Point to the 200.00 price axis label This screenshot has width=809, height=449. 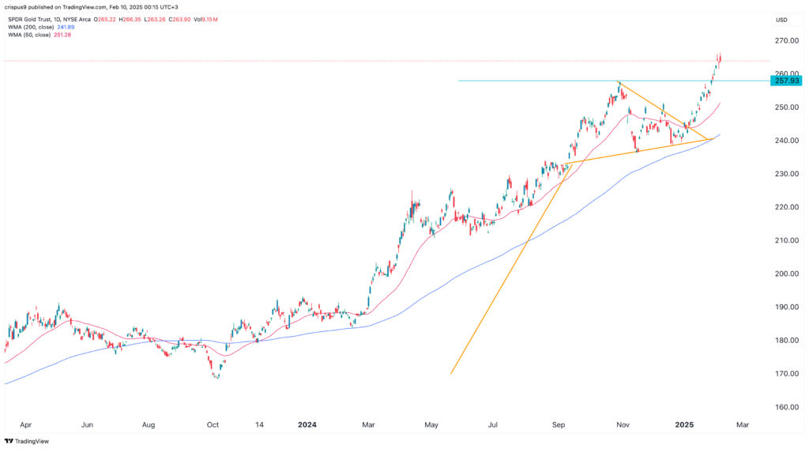tap(786, 274)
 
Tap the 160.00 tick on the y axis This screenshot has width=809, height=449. tap(786, 407)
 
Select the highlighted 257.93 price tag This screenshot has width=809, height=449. tap(786, 81)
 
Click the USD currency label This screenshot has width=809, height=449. tap(782, 20)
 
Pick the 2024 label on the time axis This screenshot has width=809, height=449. tap(307, 424)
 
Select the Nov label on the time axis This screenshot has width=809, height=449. tap(623, 424)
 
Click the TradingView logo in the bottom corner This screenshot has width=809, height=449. tap(28, 440)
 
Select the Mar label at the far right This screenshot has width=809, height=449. tap(742, 424)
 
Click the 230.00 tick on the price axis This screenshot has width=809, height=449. tap(786, 174)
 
